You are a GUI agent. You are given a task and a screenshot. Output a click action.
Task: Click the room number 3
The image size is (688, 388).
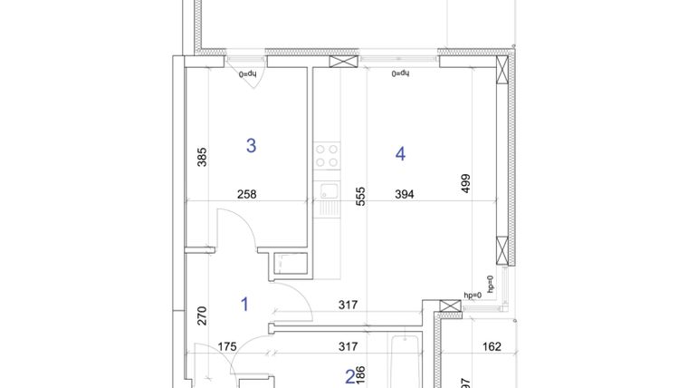coord(252,145)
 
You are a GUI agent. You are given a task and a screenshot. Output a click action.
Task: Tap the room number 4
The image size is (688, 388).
coord(400,154)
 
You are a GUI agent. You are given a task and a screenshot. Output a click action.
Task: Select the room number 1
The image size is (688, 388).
coord(244,305)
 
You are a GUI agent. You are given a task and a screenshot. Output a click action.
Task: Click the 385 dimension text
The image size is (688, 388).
coord(202,158)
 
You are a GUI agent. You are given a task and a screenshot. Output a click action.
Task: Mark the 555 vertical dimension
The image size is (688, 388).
coord(359,198)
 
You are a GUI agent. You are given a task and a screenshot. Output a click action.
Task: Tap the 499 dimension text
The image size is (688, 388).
coord(465,183)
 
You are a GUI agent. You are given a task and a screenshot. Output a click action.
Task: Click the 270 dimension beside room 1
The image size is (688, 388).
coord(202,316)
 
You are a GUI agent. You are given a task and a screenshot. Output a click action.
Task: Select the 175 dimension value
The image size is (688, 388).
coord(227,345)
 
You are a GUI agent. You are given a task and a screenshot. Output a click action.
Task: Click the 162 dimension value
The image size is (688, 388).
coord(492,345)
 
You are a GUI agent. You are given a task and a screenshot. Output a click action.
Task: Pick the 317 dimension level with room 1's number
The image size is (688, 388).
coord(346,305)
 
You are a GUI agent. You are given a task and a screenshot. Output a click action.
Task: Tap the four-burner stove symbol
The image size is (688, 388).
coord(327,157)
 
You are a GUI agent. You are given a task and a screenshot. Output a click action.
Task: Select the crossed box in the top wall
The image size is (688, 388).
coord(343,63)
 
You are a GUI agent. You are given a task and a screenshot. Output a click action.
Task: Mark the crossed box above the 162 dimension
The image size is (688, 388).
coord(447,307)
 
